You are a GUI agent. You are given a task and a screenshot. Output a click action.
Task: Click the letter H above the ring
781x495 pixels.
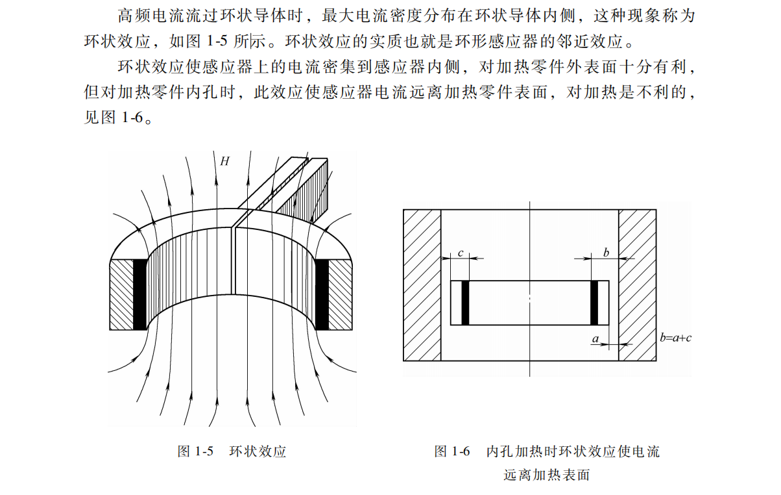224,162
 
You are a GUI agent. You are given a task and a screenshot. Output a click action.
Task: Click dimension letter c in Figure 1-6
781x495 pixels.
460,253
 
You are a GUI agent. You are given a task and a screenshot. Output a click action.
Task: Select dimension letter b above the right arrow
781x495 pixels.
606,253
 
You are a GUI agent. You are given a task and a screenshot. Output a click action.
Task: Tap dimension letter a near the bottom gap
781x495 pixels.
595,338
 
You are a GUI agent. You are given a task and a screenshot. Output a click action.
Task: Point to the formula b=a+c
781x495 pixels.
675,338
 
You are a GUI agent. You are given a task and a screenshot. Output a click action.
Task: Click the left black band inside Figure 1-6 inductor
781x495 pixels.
465,303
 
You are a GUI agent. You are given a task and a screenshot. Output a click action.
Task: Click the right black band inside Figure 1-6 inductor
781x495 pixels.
594,303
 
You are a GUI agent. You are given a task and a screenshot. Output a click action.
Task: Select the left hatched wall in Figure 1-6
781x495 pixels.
422,285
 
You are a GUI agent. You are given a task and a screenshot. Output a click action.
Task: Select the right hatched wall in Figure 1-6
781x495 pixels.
637,285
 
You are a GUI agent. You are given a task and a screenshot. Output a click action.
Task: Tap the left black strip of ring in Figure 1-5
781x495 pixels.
139,294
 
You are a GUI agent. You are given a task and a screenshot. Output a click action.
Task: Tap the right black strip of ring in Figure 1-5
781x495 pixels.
322,294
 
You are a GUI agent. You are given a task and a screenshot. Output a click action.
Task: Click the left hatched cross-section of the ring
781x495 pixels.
121,294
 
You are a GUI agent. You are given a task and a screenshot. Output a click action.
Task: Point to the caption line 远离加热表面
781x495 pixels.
546,475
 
